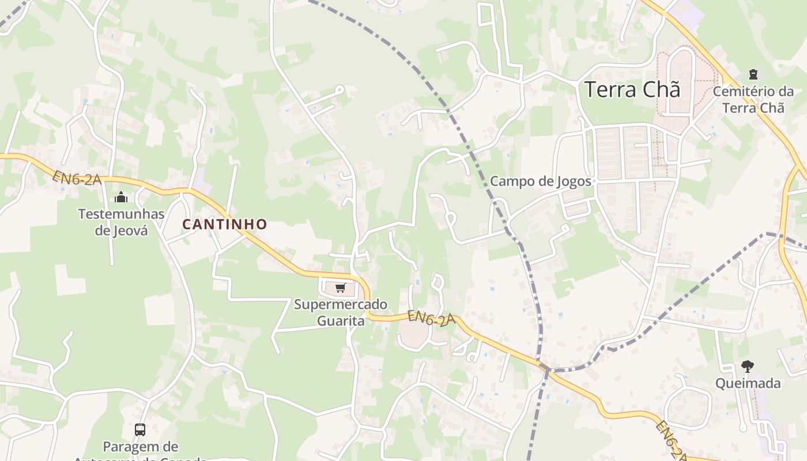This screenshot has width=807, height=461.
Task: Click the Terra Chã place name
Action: click(632, 90)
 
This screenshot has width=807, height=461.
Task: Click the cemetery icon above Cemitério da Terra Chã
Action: click(753, 74)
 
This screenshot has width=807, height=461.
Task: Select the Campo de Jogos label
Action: click(541, 182)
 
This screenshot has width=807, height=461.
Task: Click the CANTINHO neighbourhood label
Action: click(225, 224)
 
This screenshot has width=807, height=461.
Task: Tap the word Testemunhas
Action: click(121, 214)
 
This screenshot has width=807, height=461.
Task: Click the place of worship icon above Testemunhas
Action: click(121, 198)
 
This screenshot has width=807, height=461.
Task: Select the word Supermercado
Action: click(341, 304)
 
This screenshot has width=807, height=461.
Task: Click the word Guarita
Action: click(341, 320)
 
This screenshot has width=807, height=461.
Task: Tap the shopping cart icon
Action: click(340, 288)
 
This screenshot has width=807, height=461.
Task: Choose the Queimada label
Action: click(748, 383)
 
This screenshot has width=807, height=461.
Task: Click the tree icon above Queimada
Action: click(748, 366)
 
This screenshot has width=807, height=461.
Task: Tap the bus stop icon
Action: click(140, 429)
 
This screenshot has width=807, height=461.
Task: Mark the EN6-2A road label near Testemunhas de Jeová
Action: click(77, 178)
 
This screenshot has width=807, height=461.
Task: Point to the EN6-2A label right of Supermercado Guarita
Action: click(431, 318)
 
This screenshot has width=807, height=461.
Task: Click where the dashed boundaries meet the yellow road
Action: click(545, 369)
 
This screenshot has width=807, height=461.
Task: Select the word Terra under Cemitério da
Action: click(736, 108)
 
